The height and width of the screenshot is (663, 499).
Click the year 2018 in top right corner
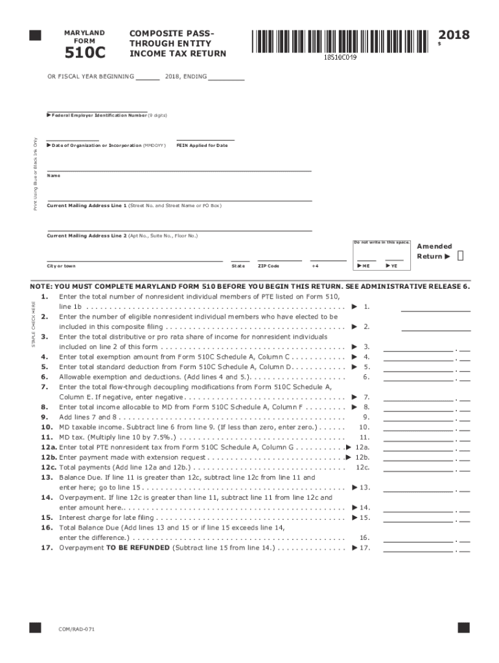pos(454,35)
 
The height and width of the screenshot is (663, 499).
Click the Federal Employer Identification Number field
pos(97,109)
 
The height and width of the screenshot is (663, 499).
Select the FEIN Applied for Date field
pos(205,138)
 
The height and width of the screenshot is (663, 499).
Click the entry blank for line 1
pos(435,308)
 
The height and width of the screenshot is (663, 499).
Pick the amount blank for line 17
pos(418,548)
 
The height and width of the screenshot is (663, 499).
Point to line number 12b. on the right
pos(362,457)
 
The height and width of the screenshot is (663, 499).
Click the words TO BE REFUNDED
pos(137,548)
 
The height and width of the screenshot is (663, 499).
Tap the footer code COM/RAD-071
pos(76,629)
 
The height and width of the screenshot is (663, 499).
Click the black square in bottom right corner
pos(463,627)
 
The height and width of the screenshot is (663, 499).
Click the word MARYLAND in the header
pos(84,32)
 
